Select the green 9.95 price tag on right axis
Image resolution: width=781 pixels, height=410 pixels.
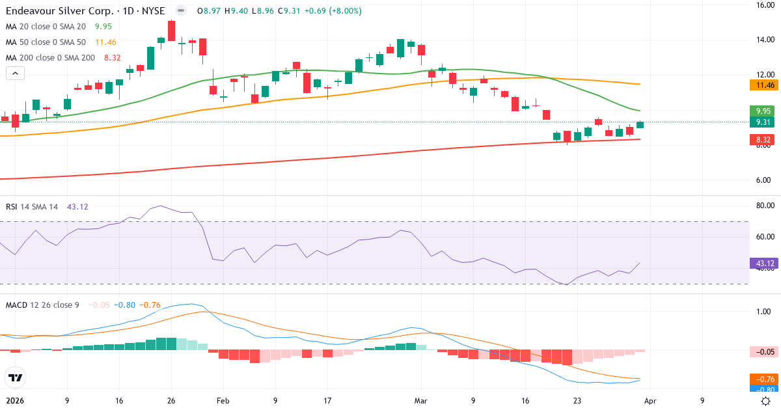(x=762, y=111)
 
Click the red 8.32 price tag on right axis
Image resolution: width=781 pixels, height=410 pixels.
(x=762, y=140)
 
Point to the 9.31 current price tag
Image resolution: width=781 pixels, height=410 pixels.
(x=762, y=122)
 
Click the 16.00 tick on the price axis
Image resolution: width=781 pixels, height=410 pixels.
(x=763, y=5)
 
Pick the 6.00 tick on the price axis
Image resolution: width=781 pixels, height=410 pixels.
(x=763, y=180)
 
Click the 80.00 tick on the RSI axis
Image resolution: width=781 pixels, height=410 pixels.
(x=763, y=206)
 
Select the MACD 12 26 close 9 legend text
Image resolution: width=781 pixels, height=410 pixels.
(x=42, y=305)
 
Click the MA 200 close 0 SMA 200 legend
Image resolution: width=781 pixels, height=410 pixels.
(x=50, y=57)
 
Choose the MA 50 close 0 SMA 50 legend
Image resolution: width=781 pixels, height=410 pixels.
(x=46, y=42)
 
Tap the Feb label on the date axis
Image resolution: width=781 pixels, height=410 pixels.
(x=223, y=401)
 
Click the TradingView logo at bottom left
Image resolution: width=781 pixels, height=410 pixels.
(x=15, y=377)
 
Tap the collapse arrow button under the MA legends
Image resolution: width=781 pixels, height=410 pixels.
(x=15, y=73)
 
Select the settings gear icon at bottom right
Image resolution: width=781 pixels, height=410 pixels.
(x=766, y=401)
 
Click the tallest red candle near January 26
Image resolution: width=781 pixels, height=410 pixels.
(x=172, y=31)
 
